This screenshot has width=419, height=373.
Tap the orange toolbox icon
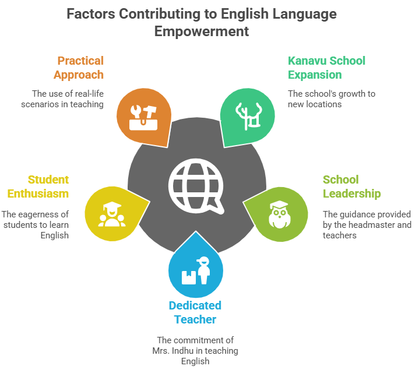point(143,115)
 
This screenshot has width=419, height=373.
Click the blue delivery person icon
point(196,271)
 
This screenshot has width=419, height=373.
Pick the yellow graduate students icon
point(110,213)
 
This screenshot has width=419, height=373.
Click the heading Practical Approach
point(79,68)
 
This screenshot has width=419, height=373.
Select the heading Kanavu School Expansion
point(326,68)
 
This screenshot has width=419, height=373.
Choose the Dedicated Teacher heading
point(195,312)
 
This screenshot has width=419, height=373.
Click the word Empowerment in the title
point(202,31)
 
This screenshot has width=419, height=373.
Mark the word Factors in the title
point(89,14)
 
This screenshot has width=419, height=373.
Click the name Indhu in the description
point(192,350)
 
